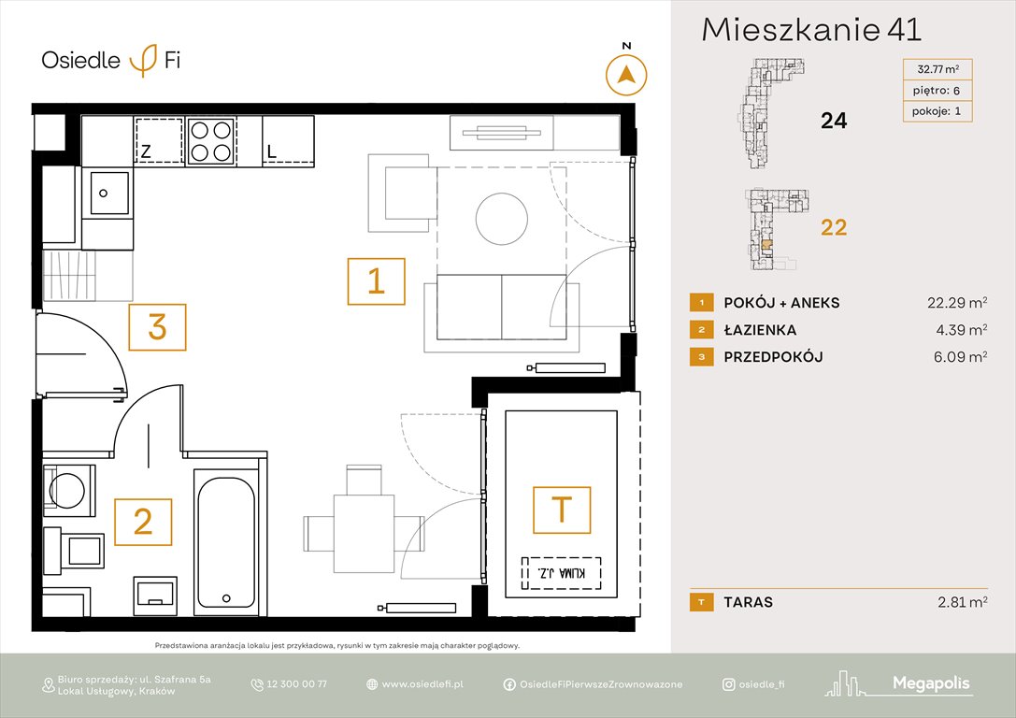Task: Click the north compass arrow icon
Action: [x=626, y=75]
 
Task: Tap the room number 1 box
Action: [x=376, y=281]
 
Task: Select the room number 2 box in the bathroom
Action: [x=143, y=522]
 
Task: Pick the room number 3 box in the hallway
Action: [x=157, y=328]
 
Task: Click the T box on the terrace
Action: [x=562, y=510]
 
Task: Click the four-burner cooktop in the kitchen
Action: [x=209, y=140]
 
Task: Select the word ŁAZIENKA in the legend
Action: [x=760, y=329]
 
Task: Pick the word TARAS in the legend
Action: [x=748, y=602]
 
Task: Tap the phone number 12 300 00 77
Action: [x=297, y=684]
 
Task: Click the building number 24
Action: [x=833, y=120]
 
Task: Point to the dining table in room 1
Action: [x=363, y=533]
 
